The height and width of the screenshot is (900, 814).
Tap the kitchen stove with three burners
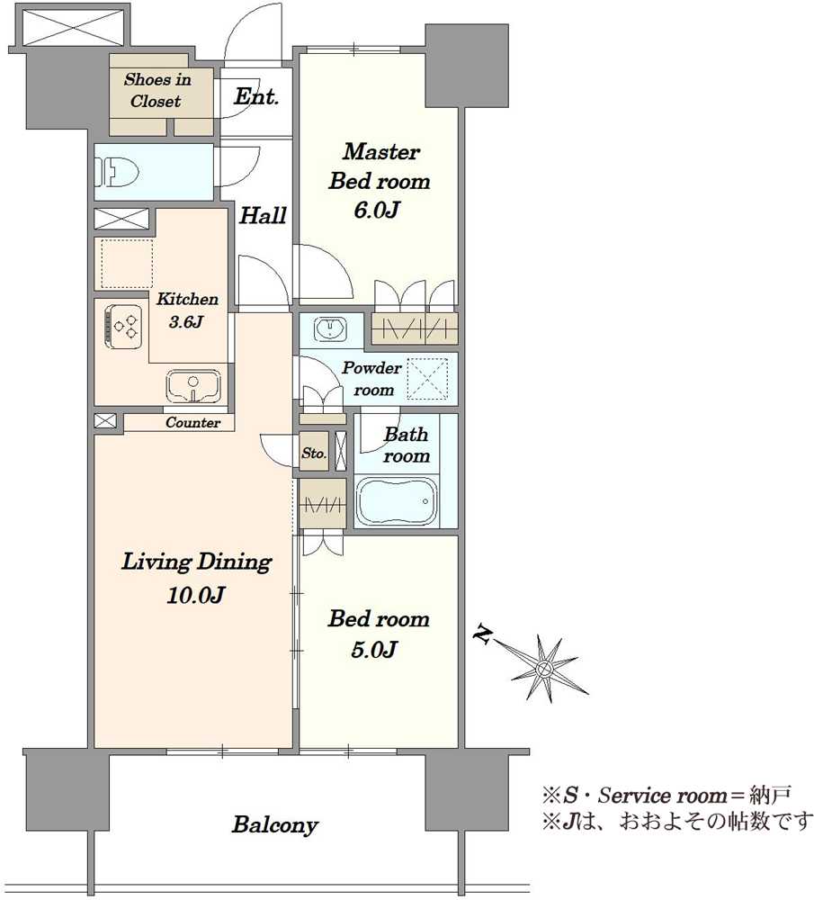click(x=122, y=327)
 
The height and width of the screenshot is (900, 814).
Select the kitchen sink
click(x=193, y=385)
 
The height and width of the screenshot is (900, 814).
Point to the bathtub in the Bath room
click(x=397, y=501)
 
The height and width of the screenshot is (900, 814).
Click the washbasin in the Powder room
click(x=329, y=328)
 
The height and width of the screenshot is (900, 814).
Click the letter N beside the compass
click(x=482, y=634)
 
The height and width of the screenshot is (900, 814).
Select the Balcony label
click(x=274, y=824)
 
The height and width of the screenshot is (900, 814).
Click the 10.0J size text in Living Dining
click(x=195, y=595)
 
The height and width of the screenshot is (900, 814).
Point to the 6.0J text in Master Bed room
click(x=376, y=210)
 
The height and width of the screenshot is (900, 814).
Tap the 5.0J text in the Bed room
click(x=373, y=649)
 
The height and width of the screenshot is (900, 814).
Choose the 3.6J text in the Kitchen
click(x=186, y=321)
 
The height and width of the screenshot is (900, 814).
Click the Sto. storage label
click(x=314, y=453)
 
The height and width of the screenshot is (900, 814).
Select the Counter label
click(x=192, y=422)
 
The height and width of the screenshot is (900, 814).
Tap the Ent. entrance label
click(x=255, y=96)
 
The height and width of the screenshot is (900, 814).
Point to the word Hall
click(x=263, y=216)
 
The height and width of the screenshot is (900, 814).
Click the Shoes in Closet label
click(x=157, y=90)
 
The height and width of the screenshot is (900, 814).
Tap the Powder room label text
click(x=371, y=379)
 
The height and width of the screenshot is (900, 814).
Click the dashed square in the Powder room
click(x=427, y=379)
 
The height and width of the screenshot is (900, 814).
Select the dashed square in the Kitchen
click(x=127, y=264)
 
